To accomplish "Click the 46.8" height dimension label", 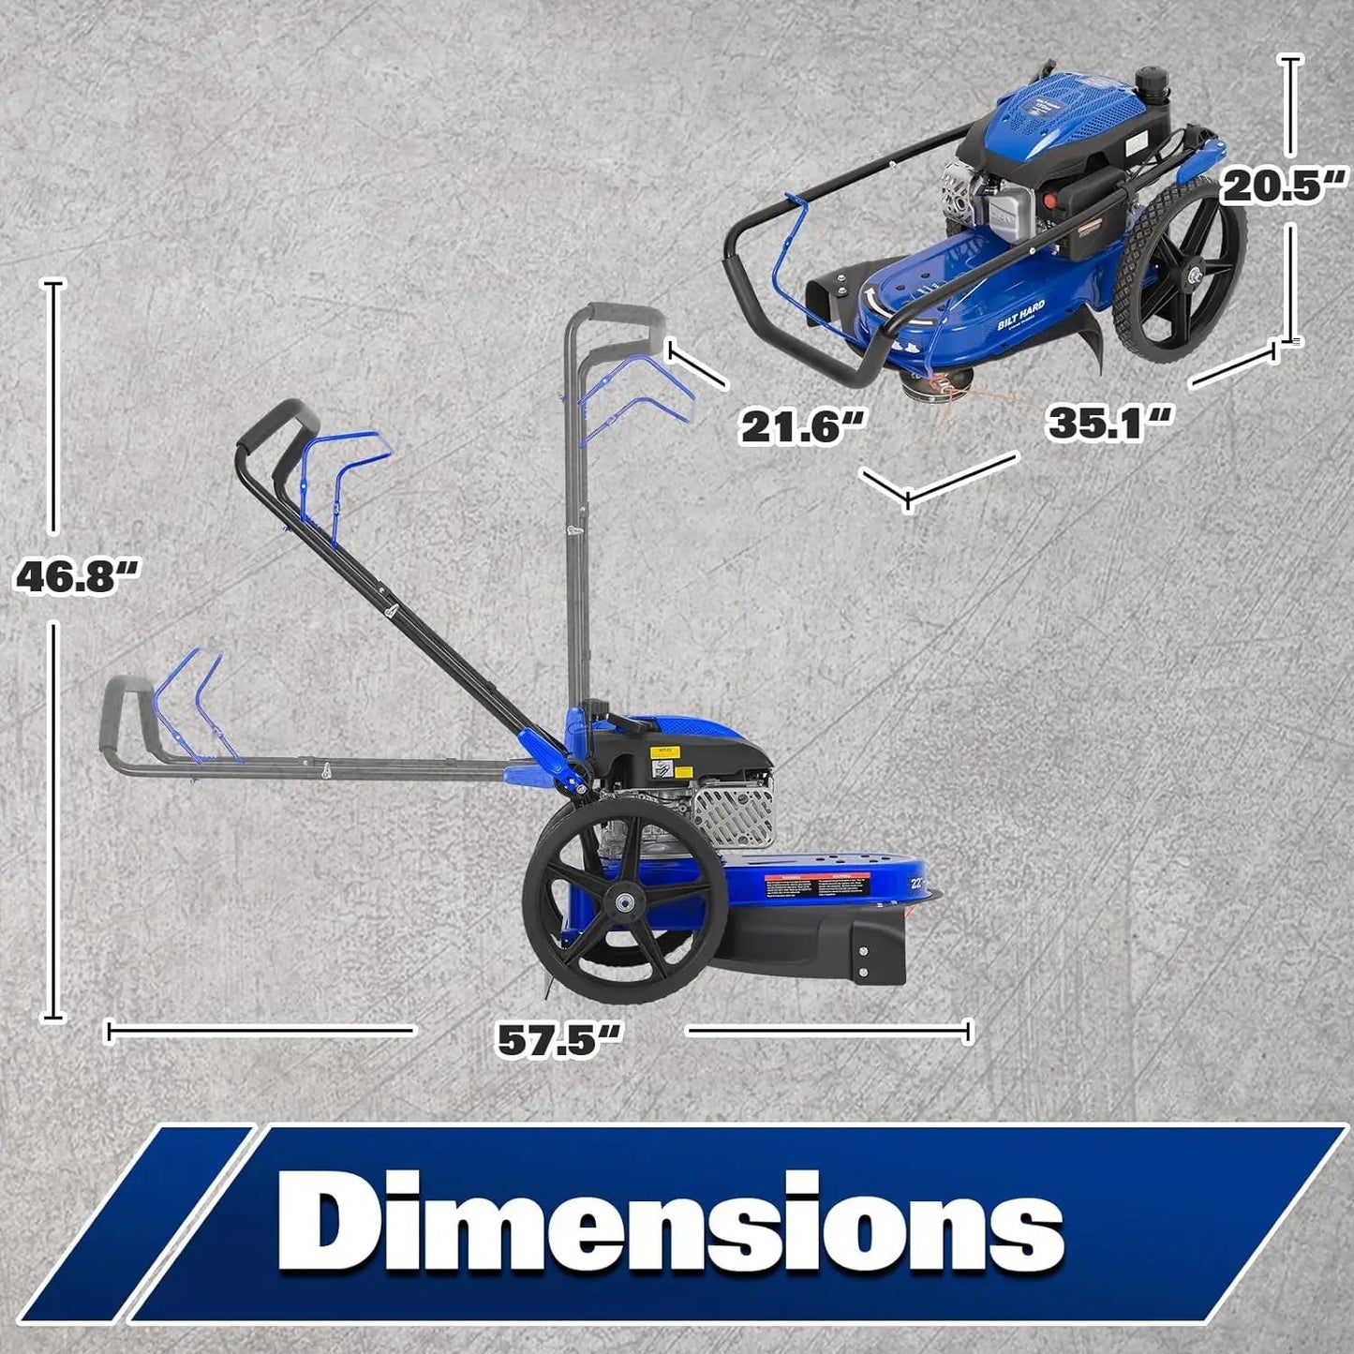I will pos(77,576).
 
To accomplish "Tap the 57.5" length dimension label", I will pos(559,1038).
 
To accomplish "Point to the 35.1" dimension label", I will pos(1109,422).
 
